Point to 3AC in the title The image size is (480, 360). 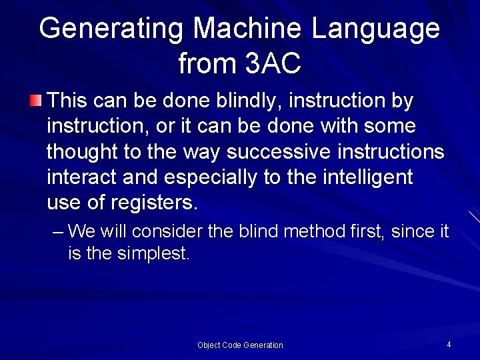click(273, 64)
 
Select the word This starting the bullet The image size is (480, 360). click(67, 101)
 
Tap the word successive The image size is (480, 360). click(279, 152)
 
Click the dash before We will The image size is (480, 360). click(57, 232)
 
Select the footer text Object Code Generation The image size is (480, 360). click(240, 345)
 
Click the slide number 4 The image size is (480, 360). click(449, 345)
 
